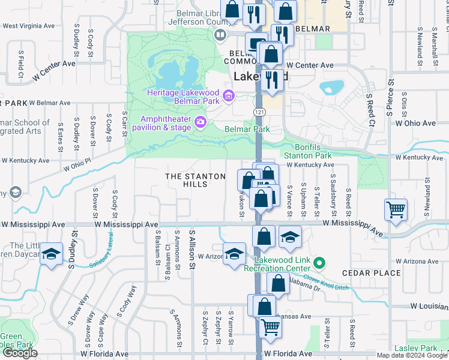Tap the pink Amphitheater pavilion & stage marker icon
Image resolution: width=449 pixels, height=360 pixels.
(200, 123)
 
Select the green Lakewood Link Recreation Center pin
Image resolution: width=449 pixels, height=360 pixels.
(319, 262)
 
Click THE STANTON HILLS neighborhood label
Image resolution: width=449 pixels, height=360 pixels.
(195, 180)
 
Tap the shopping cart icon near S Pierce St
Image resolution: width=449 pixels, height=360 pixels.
(396, 210)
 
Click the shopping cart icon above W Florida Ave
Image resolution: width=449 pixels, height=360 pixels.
(271, 328)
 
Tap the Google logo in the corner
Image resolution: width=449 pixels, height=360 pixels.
(20, 353)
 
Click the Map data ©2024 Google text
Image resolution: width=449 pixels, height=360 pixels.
(412, 355)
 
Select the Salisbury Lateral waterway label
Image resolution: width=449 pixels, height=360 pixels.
(109, 257)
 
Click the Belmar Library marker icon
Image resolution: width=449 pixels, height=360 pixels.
(220, 35)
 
